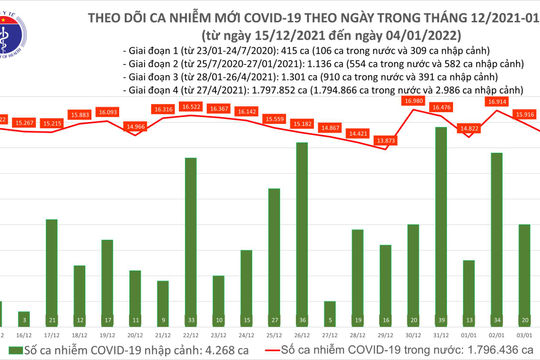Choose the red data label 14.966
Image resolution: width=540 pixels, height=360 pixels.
pyautogui.click(x=134, y=126)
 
